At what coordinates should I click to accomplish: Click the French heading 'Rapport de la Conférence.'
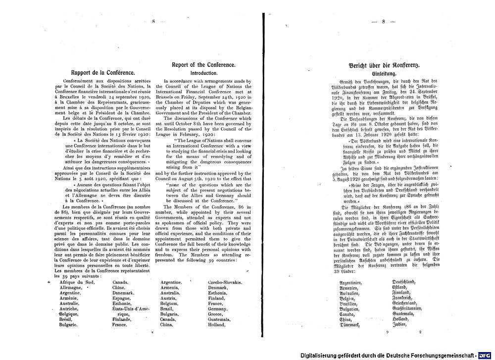(x=102, y=73)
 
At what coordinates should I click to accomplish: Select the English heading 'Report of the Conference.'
(x=203, y=65)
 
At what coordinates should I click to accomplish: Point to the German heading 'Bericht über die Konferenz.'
(x=384, y=65)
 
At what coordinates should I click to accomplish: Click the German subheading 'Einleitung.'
(x=384, y=73)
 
